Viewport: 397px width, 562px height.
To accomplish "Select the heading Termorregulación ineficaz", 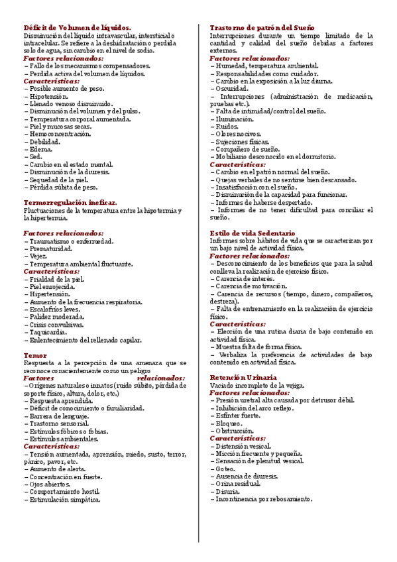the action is [x=70, y=202].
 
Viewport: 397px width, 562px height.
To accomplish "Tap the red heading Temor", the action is [x=34, y=355].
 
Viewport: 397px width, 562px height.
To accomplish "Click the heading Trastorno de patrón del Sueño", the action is [x=262, y=28].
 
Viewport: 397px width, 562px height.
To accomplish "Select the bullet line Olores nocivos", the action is [x=239, y=134].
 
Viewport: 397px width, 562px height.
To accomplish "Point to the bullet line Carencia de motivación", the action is [x=249, y=286].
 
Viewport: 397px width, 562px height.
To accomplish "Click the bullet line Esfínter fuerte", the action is [x=238, y=416].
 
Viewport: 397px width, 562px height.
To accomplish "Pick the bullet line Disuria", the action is [x=229, y=492].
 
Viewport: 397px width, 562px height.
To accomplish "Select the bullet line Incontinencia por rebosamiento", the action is [x=263, y=500].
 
